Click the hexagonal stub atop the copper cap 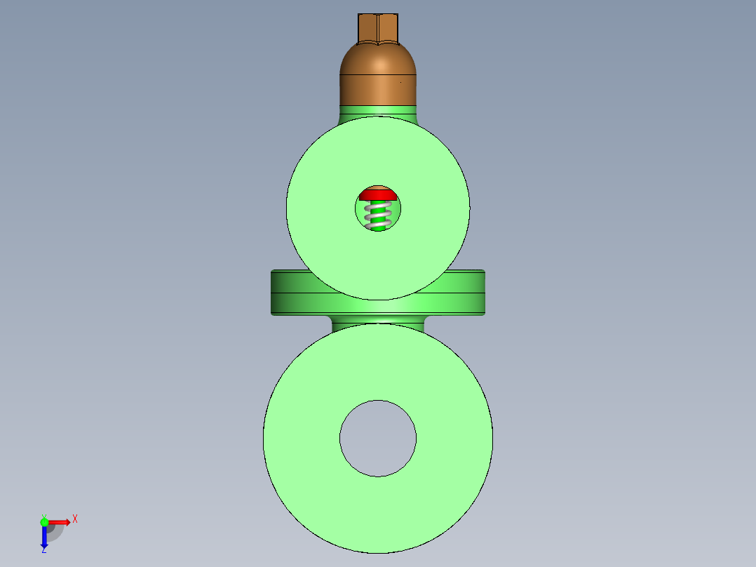point(378,27)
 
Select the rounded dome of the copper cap point(378,59)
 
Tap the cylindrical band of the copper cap point(378,90)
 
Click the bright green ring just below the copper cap point(378,110)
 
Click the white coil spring point(379,215)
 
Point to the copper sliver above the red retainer point(378,187)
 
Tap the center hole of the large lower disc point(378,438)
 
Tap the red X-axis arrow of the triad point(60,522)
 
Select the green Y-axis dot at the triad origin point(44,522)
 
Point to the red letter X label point(75,519)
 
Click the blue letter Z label point(43,551)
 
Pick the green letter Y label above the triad point(43,515)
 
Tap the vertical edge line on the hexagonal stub point(378,28)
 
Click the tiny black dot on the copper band point(401,82)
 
